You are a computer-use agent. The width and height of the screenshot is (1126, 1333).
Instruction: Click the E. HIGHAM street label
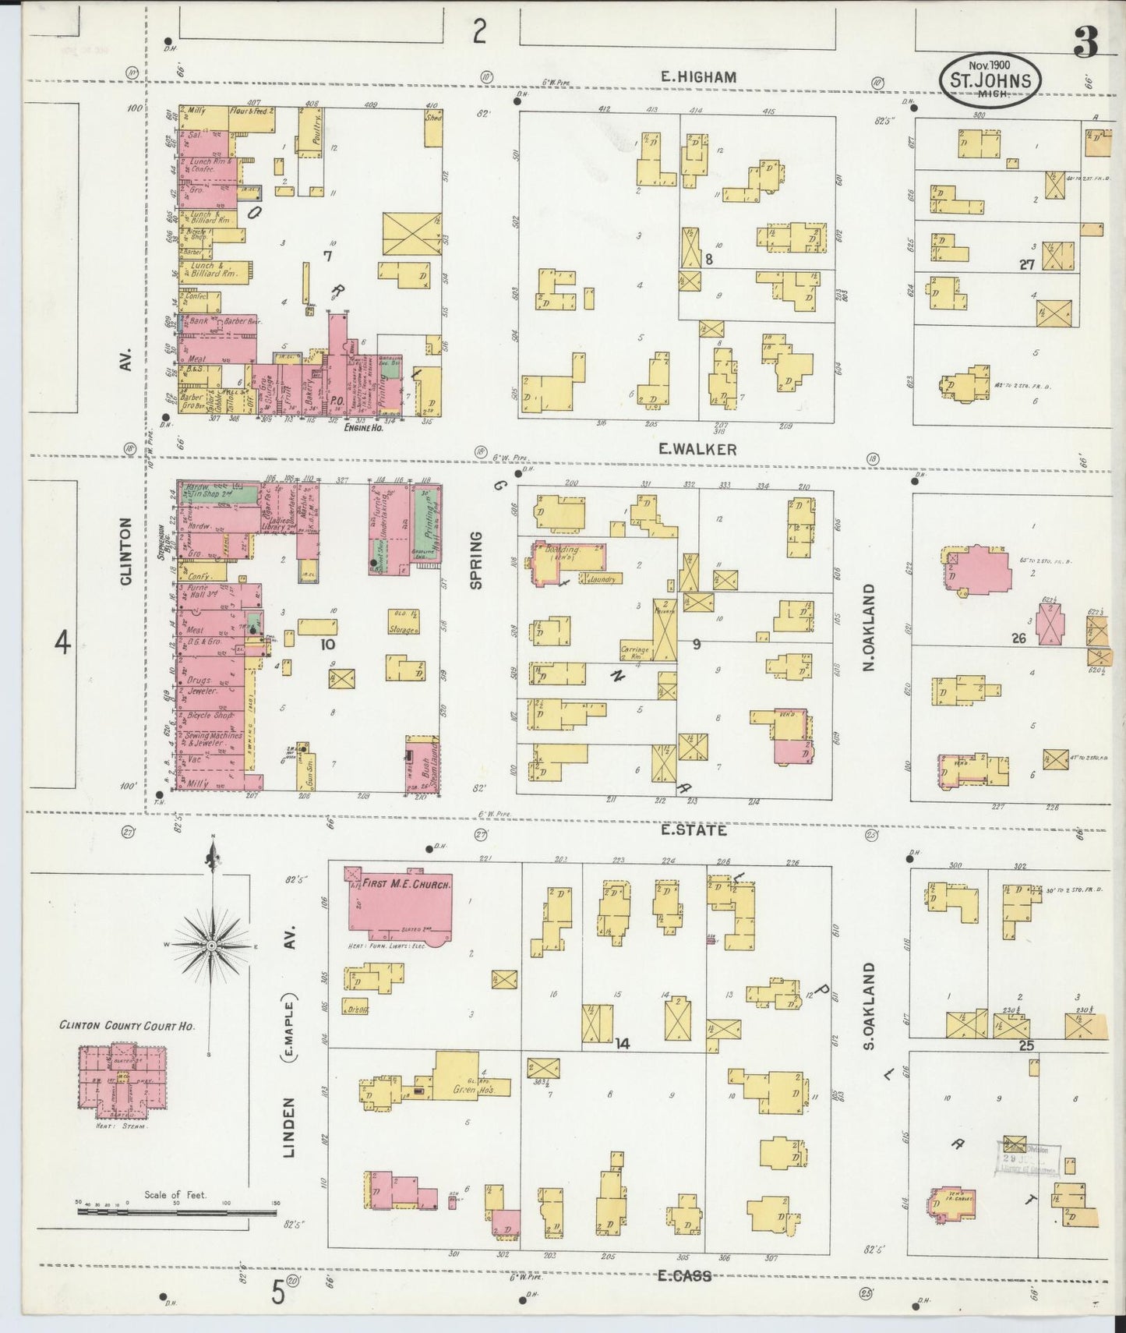697,76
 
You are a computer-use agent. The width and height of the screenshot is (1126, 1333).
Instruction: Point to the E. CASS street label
684,1276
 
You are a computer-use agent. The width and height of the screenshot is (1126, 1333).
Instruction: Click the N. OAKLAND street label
869,628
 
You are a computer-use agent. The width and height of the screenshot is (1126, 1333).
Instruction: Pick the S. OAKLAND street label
869,1006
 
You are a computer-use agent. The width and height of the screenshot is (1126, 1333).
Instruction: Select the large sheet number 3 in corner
1085,44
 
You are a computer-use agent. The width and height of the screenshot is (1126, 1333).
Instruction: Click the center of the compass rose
211,945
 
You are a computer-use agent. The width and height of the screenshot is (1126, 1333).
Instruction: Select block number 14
621,1044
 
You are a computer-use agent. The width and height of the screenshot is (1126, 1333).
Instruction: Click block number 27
1027,264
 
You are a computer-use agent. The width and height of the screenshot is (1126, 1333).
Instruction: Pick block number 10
327,644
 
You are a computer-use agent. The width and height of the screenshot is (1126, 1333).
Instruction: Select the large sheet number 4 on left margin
62,644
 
